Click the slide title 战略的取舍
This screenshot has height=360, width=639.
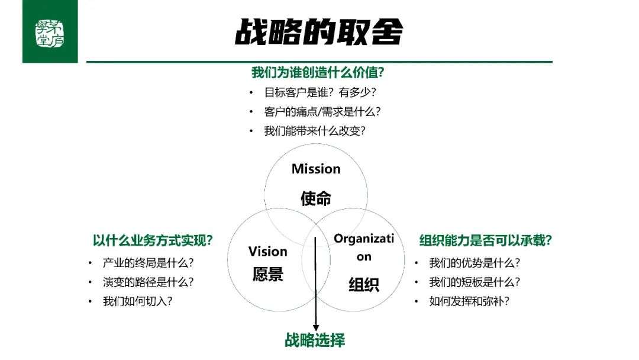[x=319, y=32]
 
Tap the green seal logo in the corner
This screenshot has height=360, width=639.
[x=50, y=33]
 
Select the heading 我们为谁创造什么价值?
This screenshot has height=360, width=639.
[x=318, y=73]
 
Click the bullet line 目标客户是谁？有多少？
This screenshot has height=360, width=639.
[x=320, y=92]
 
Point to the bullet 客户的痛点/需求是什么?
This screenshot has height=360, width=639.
[x=322, y=111]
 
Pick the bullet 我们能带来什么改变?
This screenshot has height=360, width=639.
[x=315, y=131]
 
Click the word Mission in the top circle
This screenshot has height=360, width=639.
[x=316, y=169]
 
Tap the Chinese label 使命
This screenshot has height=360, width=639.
[x=316, y=198]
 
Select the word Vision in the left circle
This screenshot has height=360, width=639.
[x=268, y=251]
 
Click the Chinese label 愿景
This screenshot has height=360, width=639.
[x=268, y=274]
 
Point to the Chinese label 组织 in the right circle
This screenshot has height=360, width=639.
[x=363, y=284]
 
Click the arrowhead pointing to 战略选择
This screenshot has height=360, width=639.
[x=315, y=328]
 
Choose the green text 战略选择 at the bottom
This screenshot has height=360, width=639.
[x=315, y=340]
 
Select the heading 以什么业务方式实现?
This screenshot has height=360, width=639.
[x=153, y=240]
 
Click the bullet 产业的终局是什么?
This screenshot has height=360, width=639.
[x=148, y=263]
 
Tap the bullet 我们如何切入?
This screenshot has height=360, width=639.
[x=137, y=301]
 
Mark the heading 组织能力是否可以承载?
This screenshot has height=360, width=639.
[x=485, y=240]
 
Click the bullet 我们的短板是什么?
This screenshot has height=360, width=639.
[x=475, y=282]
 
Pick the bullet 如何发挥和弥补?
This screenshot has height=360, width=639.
[x=469, y=301]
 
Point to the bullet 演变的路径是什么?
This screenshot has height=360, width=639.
[x=148, y=282]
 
